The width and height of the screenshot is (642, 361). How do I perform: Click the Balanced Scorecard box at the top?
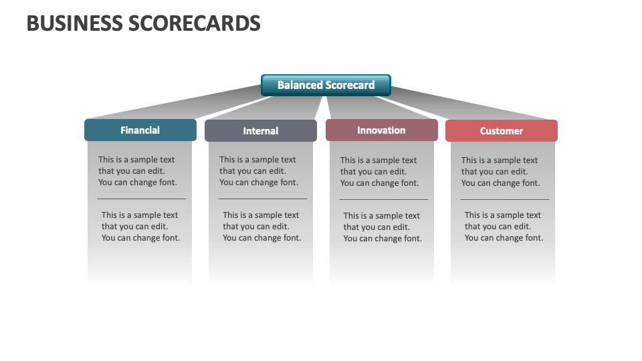tap(326, 85)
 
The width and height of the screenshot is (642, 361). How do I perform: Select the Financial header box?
tap(140, 130)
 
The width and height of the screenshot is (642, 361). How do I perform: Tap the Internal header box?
tap(261, 131)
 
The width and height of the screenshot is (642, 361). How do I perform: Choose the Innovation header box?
tap(381, 130)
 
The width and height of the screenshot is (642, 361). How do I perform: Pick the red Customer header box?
tap(502, 131)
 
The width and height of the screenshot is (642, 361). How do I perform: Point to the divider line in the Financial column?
tap(141, 199)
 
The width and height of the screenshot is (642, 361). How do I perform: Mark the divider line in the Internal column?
tap(262, 199)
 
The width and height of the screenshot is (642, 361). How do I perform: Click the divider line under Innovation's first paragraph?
tap(383, 199)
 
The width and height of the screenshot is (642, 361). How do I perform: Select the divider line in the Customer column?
tap(504, 199)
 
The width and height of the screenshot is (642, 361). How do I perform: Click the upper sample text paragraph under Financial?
tap(138, 171)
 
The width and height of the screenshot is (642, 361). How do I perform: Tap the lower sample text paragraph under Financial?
tap(140, 227)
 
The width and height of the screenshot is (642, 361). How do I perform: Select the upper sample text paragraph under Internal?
tap(259, 171)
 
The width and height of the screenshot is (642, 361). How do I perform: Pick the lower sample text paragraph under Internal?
tap(261, 227)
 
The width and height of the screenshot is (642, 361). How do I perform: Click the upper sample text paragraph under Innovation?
tap(379, 172)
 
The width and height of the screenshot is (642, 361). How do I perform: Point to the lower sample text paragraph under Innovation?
tap(383, 227)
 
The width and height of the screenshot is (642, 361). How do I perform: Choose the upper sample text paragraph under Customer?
tap(500, 172)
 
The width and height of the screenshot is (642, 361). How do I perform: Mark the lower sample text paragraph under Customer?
tap(504, 227)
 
